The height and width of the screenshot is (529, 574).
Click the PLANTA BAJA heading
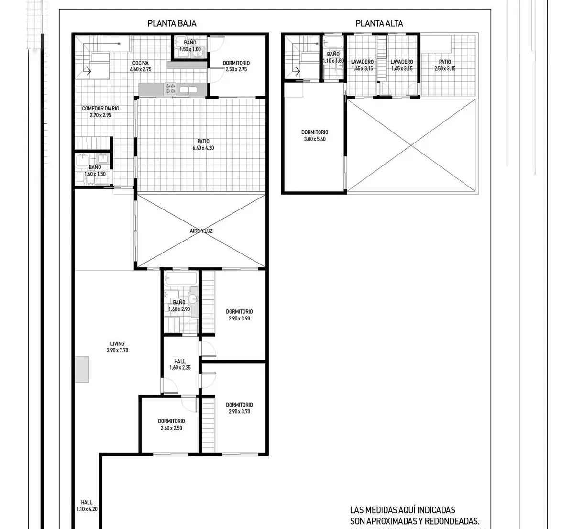(x=172, y=23)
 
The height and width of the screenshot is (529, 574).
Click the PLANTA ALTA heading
(x=379, y=23)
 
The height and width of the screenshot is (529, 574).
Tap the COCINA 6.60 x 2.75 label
(x=141, y=66)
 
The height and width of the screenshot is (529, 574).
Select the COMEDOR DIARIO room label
(x=100, y=111)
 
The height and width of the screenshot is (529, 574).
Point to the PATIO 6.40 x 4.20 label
(x=203, y=144)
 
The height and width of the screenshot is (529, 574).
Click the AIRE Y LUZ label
(x=201, y=231)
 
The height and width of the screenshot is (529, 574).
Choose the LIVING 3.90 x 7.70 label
(x=117, y=347)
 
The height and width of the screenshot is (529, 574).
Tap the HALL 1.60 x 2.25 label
(x=180, y=364)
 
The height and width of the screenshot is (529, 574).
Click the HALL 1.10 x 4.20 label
(x=87, y=506)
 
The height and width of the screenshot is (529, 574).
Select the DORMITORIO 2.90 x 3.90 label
(x=239, y=315)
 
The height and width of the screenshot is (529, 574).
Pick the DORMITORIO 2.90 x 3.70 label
(x=239, y=408)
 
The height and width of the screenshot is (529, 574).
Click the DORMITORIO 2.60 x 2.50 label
(x=171, y=424)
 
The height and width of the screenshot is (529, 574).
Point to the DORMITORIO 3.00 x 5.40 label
(x=315, y=135)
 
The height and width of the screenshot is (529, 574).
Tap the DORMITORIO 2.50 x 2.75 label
(x=236, y=66)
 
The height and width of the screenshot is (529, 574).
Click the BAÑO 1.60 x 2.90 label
(x=179, y=306)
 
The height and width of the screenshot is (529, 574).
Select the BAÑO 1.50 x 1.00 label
(x=190, y=46)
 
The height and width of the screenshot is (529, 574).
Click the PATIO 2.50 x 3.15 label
(x=445, y=65)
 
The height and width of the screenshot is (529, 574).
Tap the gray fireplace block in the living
(x=82, y=369)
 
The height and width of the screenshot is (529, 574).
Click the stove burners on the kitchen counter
(x=171, y=88)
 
